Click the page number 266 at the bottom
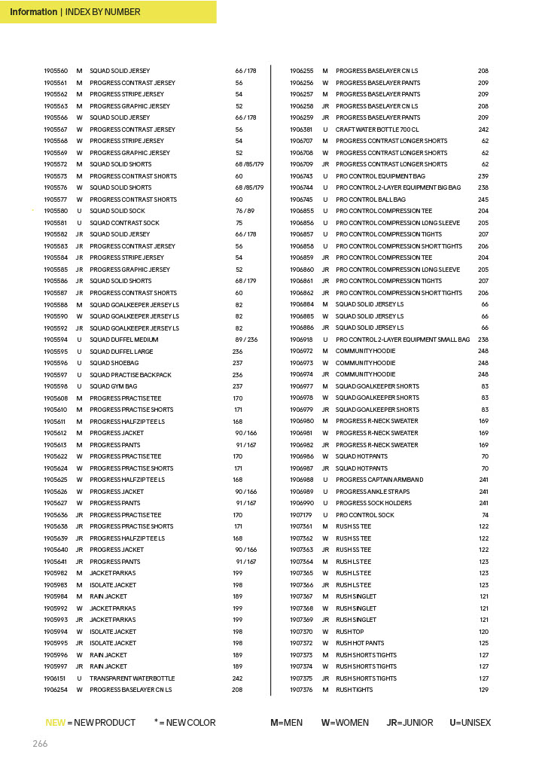pos(40,744)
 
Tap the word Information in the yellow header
pos(33,12)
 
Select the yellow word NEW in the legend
pos(55,723)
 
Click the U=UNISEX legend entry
pos(470,723)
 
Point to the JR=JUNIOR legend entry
pos(410,723)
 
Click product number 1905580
pos(56,211)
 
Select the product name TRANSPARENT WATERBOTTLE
pos(132,678)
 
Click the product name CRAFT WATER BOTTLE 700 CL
pos(377,130)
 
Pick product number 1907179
pos(301,515)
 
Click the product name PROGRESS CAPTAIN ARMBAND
pos(379,480)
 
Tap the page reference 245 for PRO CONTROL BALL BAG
pos(483,200)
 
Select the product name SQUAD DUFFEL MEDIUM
pos(124,340)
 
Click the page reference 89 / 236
pos(246,340)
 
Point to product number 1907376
pos(301,690)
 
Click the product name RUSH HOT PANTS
pos(360,643)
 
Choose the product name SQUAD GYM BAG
pos(114,386)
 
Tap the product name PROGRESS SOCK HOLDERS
pos(373,503)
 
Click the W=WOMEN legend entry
pos(345,723)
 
